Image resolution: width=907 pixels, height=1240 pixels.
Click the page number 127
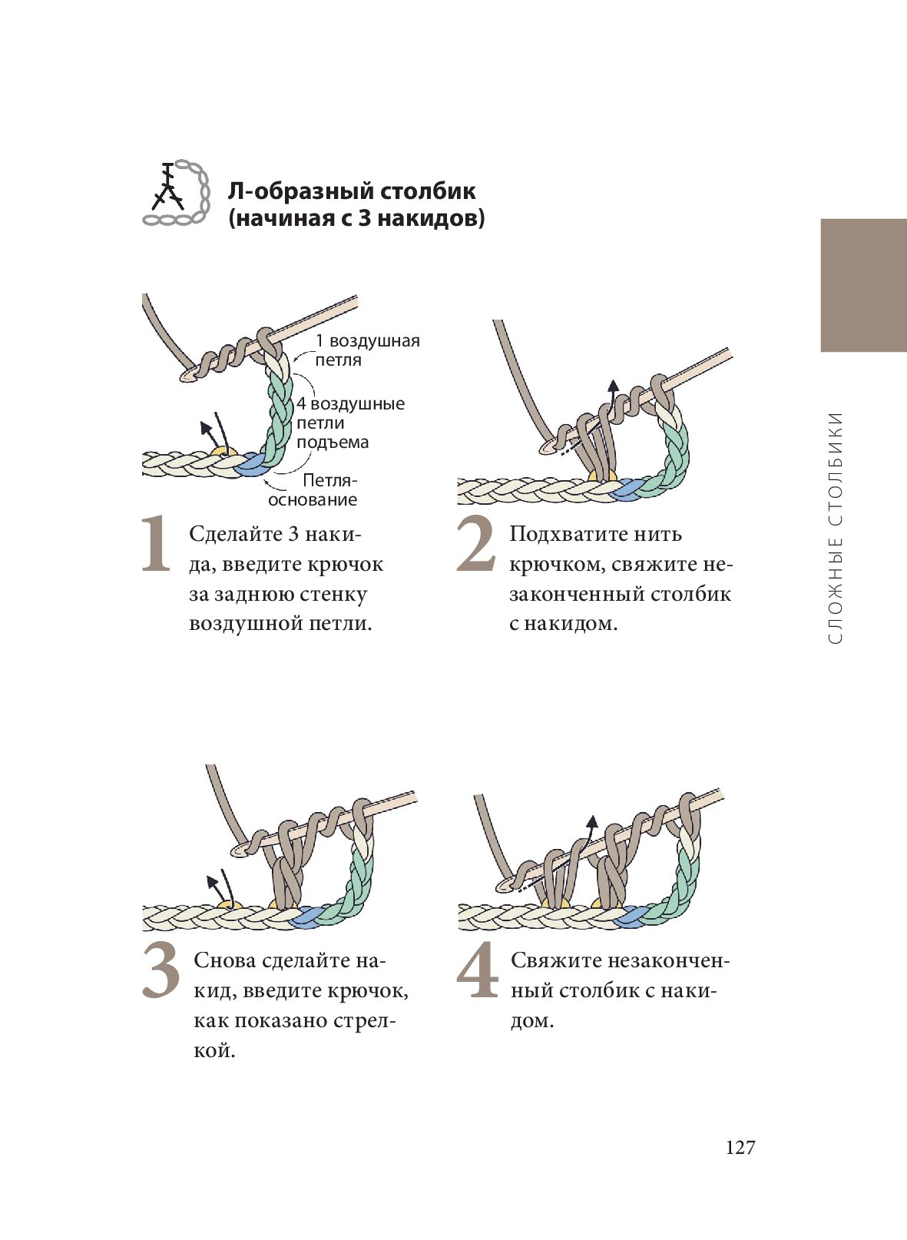pyautogui.click(x=740, y=1148)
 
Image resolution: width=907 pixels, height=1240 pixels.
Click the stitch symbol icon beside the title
pyautogui.click(x=177, y=193)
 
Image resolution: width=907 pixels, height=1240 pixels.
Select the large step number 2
pyautogui.click(x=475, y=543)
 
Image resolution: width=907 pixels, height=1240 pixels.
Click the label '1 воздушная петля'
pyautogui.click(x=367, y=350)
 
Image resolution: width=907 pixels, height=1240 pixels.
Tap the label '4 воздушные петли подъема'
pyautogui.click(x=350, y=423)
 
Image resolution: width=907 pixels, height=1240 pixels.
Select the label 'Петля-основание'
pyautogui.click(x=313, y=490)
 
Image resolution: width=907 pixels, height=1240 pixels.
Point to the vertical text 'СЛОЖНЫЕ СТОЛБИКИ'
pyautogui.click(x=835, y=528)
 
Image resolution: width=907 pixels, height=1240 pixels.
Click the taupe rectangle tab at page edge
pyautogui.click(x=863, y=285)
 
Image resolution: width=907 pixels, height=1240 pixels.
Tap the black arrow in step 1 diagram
pyautogui.click(x=213, y=433)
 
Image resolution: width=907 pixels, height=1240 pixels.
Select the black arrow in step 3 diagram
pyautogui.click(x=221, y=890)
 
